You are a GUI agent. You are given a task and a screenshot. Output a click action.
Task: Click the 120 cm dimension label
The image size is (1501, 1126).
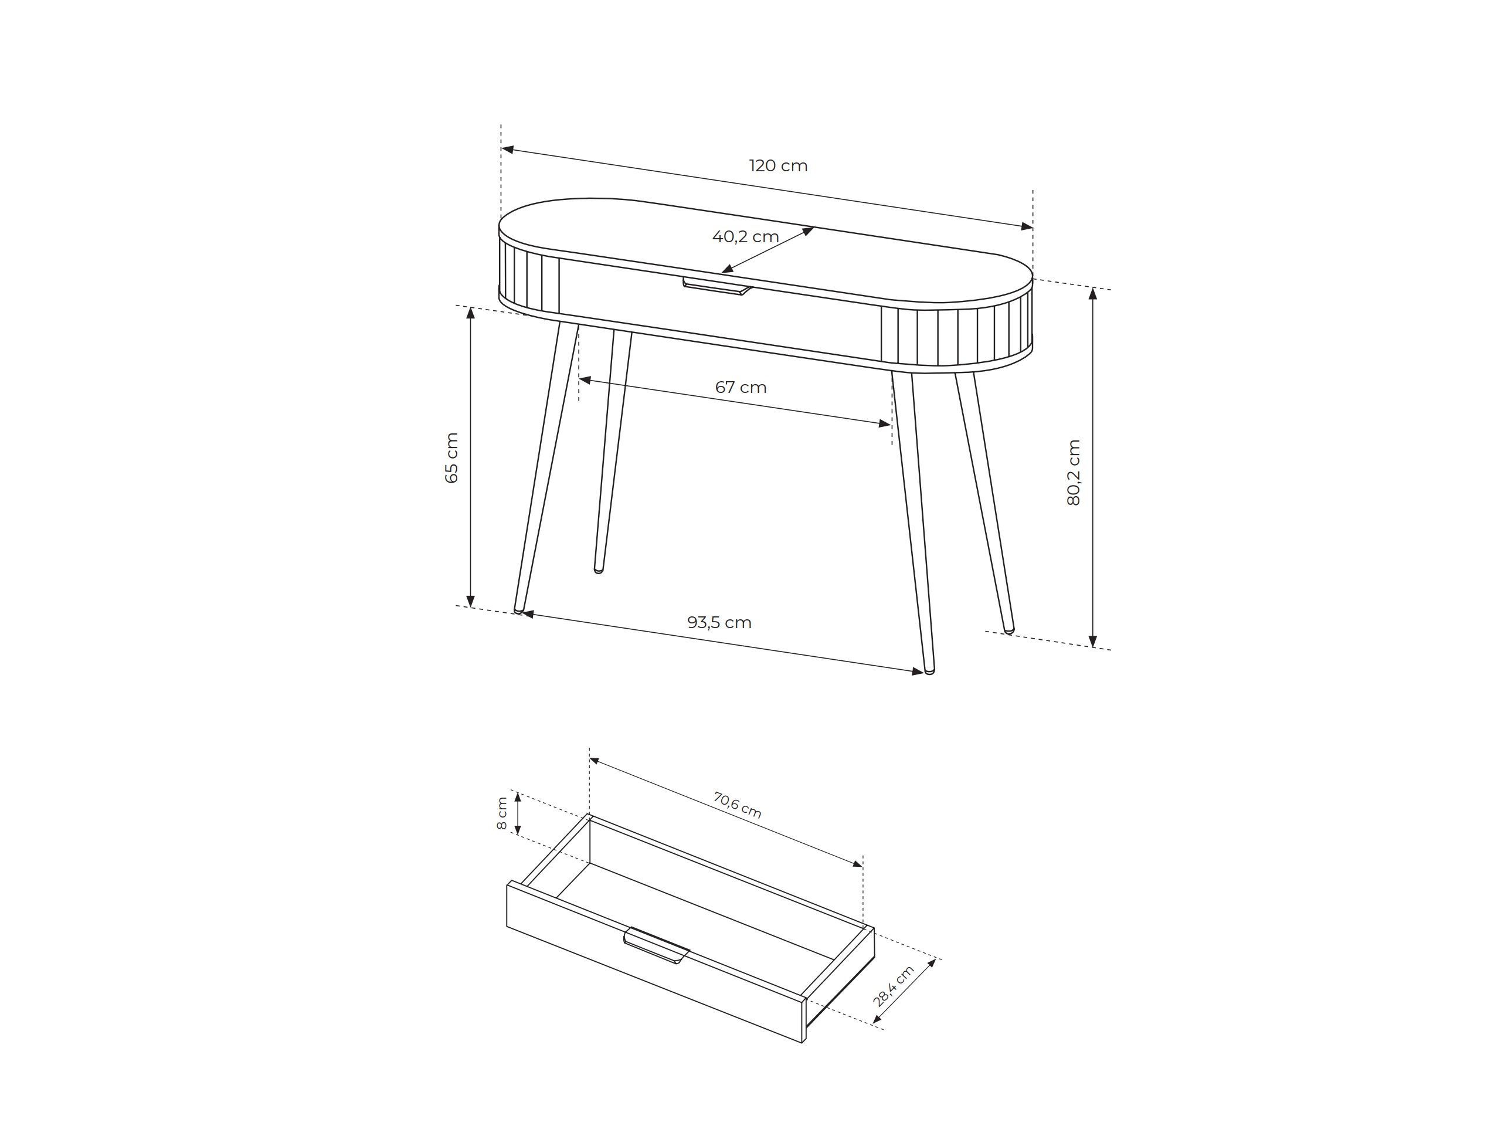778,165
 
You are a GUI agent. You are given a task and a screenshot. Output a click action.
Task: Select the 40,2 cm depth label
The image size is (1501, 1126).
745,237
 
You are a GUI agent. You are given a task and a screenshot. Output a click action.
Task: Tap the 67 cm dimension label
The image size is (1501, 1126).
741,388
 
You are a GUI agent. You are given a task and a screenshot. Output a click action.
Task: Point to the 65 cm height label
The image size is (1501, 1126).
452,457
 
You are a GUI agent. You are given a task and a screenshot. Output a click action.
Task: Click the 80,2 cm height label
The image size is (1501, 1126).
1073,472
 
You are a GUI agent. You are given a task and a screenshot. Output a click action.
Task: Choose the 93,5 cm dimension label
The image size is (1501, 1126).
719,622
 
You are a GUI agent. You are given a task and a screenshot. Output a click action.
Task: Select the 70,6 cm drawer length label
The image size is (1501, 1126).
737,806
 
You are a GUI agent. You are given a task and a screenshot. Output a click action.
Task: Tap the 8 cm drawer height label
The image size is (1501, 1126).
501,812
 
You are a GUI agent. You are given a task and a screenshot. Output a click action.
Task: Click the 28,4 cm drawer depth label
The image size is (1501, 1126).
894,985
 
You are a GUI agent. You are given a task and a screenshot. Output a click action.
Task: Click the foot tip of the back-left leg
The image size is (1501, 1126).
599,570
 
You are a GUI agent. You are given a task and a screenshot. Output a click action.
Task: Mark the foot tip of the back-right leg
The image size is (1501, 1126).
1009,630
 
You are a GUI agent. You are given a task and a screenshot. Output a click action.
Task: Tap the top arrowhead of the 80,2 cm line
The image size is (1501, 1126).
1092,293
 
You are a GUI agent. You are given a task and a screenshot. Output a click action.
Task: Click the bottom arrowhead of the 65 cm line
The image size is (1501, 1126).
470,600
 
